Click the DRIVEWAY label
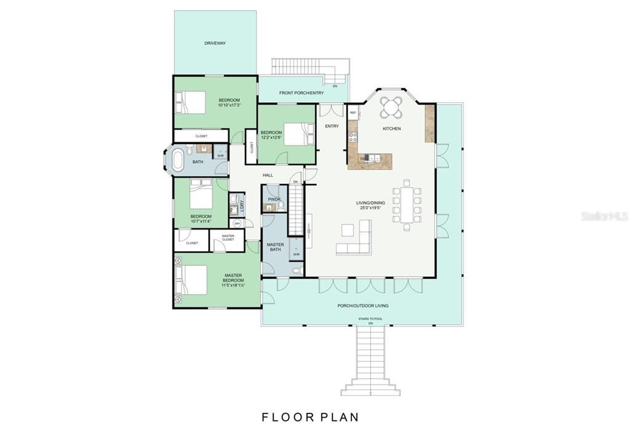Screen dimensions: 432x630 tap(215, 43)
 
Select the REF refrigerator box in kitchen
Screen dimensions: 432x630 tap(353, 113)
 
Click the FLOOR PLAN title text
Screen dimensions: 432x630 tap(310, 417)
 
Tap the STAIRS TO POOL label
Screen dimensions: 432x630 tap(370, 319)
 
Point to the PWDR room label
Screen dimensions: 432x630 tap(273, 199)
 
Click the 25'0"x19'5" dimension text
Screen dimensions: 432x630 tap(370, 207)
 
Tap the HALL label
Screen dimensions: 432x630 tap(268, 175)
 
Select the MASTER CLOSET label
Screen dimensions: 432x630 tap(228, 237)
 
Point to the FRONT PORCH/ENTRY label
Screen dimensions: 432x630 tap(301, 93)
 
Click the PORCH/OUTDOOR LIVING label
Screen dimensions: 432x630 tap(362, 305)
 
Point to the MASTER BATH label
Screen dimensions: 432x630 tap(275, 247)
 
